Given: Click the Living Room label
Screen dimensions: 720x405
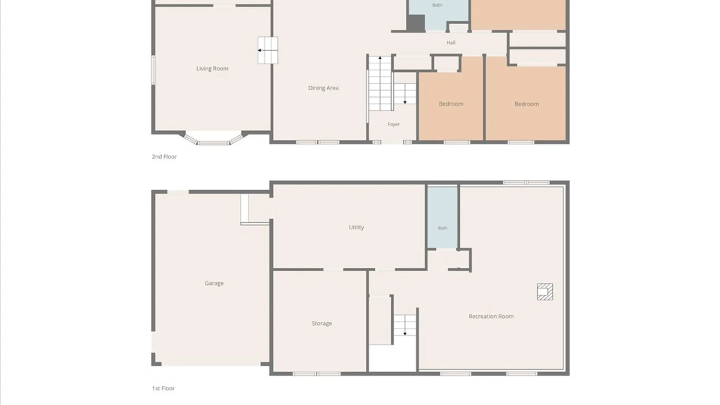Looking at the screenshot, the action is (212, 69).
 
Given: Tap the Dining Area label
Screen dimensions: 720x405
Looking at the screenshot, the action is (323, 88).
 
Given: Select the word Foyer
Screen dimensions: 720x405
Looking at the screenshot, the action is (393, 124).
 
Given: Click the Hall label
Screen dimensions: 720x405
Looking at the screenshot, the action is (451, 43).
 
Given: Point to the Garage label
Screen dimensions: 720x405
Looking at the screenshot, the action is (214, 283).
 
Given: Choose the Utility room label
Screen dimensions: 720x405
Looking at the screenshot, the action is (356, 227).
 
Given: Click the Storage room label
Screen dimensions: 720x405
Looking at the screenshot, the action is (322, 324).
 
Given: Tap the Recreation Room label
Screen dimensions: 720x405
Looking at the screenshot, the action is (491, 316).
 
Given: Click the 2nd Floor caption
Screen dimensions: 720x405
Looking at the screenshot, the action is (164, 157).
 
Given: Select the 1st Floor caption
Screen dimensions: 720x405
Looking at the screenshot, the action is (163, 388).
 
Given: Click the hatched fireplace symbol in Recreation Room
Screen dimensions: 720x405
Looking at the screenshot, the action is (545, 292).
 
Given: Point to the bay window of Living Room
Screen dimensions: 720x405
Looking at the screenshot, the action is (213, 140).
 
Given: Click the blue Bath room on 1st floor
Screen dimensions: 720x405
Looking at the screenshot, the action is (442, 217).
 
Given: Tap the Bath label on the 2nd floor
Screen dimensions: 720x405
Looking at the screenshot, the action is (437, 5).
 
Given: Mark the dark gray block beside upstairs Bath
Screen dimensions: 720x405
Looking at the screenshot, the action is (416, 23).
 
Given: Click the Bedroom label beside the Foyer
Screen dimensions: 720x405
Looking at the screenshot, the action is (451, 104).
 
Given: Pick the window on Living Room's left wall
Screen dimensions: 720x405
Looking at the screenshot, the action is (153, 70).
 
